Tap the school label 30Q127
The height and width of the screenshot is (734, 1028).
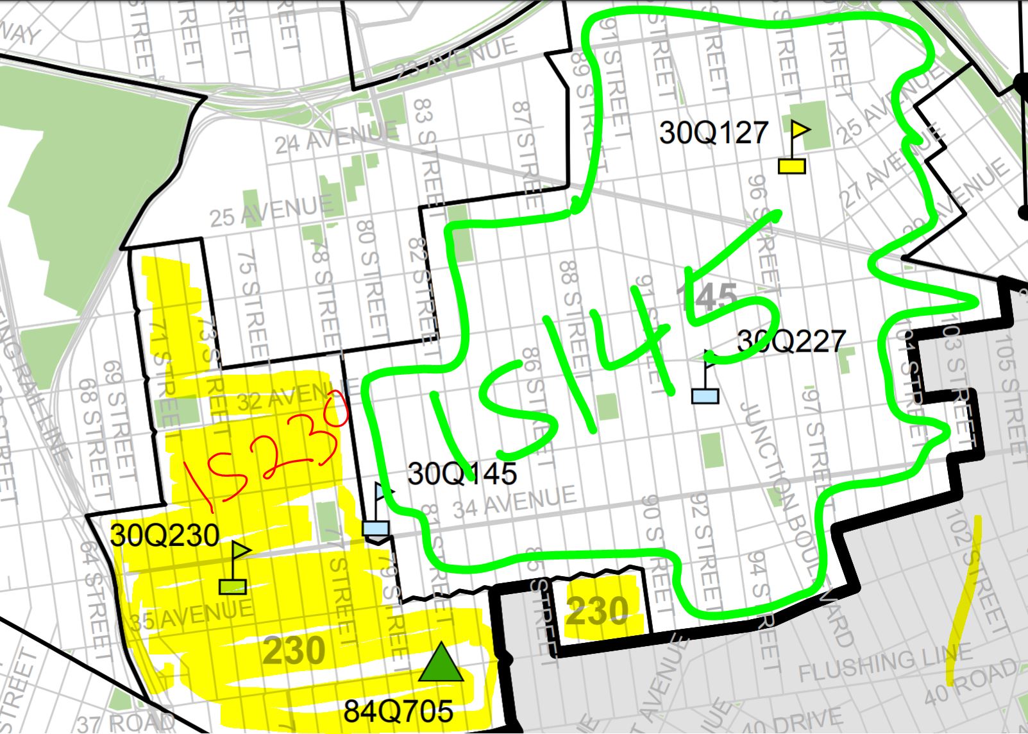(x=714, y=133)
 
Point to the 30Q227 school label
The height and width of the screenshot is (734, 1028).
(x=791, y=340)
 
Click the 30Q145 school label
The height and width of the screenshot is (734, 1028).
(x=462, y=474)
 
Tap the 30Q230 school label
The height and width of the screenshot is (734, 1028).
(x=165, y=534)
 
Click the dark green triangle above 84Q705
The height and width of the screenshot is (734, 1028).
(x=441, y=662)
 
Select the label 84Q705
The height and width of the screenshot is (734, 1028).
(x=398, y=711)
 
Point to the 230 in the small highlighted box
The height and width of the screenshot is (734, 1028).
(x=597, y=611)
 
